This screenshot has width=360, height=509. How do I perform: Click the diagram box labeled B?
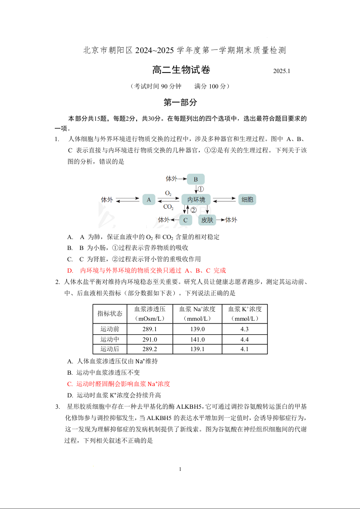196,179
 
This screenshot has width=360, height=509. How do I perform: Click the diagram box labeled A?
148,199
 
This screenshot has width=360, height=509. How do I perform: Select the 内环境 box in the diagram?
196,199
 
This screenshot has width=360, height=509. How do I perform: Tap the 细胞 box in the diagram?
247,199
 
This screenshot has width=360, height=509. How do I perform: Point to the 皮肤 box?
207,220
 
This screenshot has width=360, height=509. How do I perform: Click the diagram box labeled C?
185,220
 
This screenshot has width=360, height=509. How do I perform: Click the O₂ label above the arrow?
168,193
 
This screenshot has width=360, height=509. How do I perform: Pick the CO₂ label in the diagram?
168,207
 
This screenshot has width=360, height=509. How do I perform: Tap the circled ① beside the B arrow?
201,189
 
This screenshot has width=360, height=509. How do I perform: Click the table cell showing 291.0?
150,339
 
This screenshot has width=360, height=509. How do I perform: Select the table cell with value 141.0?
197,339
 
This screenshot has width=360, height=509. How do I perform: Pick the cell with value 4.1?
245,349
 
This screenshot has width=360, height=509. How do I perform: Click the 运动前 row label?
110,329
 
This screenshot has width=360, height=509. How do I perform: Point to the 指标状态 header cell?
110,313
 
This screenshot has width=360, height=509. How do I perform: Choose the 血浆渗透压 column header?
150,313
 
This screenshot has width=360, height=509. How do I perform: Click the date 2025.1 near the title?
281,71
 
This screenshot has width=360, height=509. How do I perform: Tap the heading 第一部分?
180,103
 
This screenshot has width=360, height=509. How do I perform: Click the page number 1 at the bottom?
180,469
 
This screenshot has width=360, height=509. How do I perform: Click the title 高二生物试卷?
181,70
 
